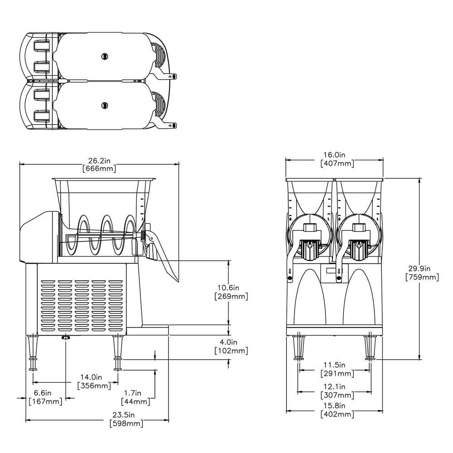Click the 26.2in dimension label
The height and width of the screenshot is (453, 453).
[x=99, y=160]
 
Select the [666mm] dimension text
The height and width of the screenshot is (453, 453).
[x=99, y=169]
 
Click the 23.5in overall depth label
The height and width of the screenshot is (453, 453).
[x=126, y=415]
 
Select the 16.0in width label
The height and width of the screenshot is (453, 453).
[x=337, y=155]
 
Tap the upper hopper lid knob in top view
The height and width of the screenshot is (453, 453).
[x=105, y=56]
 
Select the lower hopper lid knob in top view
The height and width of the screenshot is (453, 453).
[x=105, y=105]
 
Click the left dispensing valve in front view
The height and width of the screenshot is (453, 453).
[x=310, y=248]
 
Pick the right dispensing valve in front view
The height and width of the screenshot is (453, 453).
[x=358, y=248]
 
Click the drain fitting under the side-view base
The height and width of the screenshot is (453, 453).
[x=66, y=337]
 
